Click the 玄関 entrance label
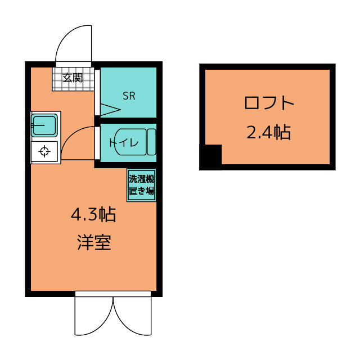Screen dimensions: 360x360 click(x=73, y=78)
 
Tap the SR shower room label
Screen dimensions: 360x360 click(x=129, y=96)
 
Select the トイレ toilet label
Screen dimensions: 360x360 click(x=124, y=143)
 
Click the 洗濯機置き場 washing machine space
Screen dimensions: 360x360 click(x=141, y=185)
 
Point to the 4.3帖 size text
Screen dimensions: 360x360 click(x=93, y=214)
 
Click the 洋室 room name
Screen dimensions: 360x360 click(x=94, y=242)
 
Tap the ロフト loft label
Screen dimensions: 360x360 click(x=269, y=103)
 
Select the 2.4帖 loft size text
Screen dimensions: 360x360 click(x=269, y=132)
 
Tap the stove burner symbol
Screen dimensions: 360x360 click(x=44, y=151)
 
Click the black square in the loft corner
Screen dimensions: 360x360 click(x=211, y=157)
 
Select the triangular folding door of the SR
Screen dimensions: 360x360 click(x=110, y=110)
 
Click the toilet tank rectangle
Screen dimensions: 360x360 click(x=151, y=142)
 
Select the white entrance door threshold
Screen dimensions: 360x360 click(x=74, y=64)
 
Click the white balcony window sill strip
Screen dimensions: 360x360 click(x=113, y=294)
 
